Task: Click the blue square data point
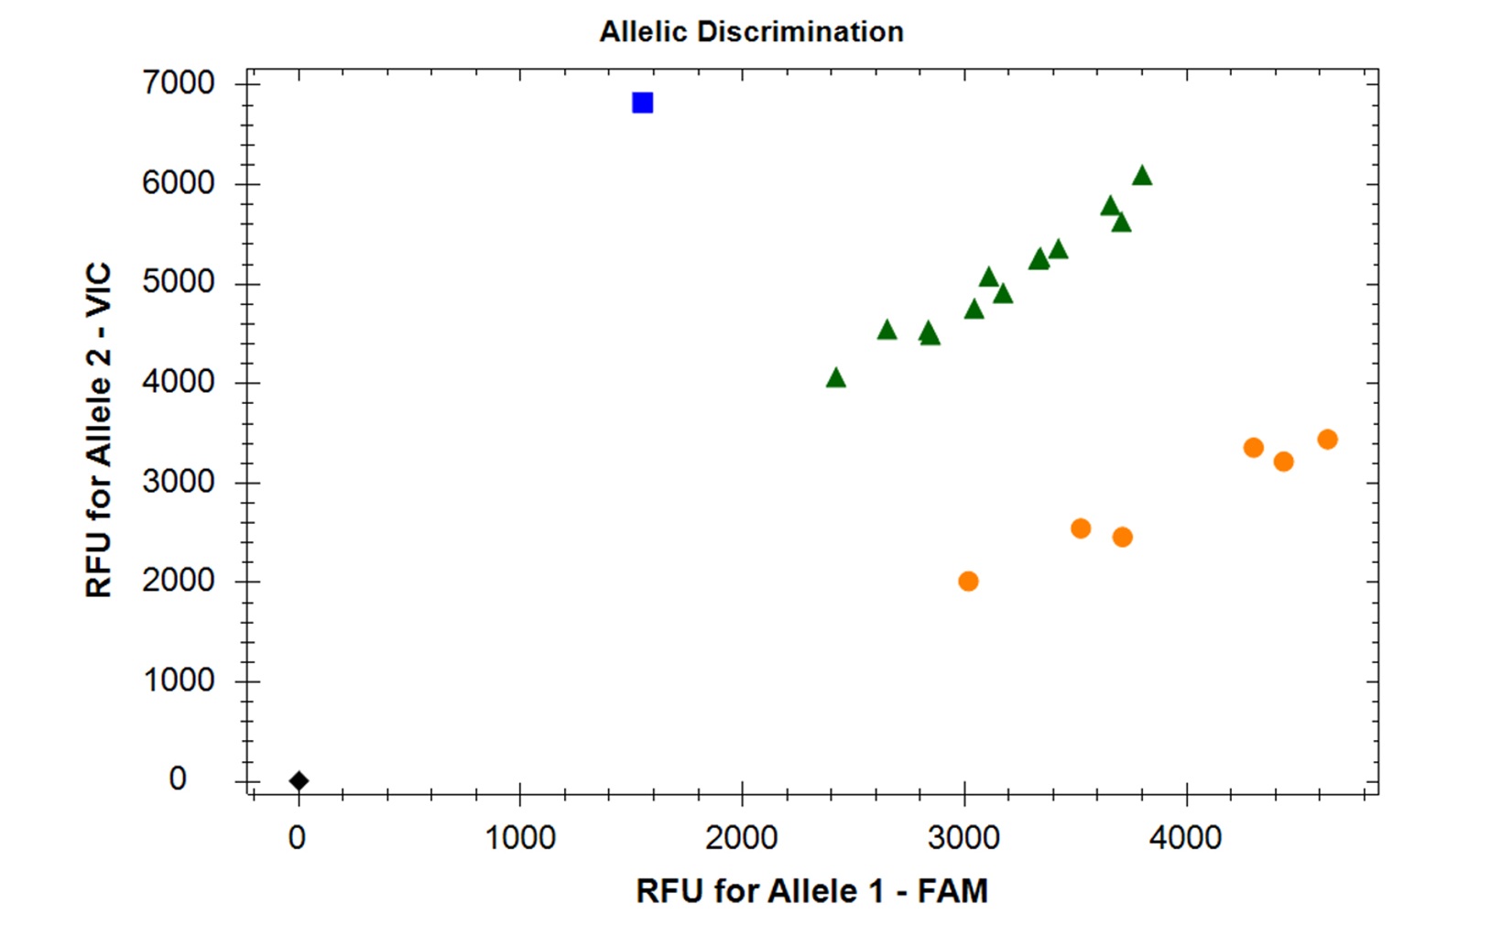(642, 103)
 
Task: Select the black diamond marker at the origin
(299, 780)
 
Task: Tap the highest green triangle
(1142, 176)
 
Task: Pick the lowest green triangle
(835, 378)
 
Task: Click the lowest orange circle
(968, 581)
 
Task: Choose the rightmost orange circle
(1328, 439)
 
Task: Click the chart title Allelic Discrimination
(752, 31)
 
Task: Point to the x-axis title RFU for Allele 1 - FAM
(812, 891)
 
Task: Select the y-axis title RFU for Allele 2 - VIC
(99, 430)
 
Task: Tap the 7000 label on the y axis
(179, 83)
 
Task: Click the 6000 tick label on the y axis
(179, 183)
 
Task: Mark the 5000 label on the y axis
(179, 282)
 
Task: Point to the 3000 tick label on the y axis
(179, 481)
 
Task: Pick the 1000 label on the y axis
(179, 680)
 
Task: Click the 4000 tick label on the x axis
(1186, 839)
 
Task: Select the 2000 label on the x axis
(742, 839)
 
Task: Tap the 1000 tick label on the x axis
(519, 839)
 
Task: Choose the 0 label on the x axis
(297, 839)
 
